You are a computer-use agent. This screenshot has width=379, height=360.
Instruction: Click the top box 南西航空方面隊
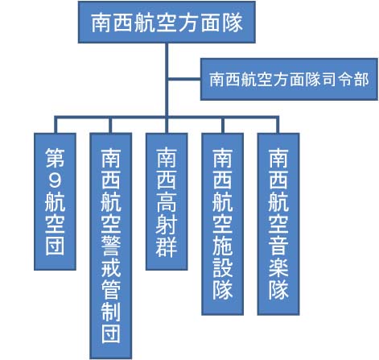click(x=167, y=22)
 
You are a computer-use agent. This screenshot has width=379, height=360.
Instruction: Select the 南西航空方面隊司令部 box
click(x=289, y=79)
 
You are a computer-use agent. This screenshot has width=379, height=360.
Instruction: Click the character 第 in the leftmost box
click(x=55, y=158)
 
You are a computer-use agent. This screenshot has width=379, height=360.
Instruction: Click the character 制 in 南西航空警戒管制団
click(x=111, y=312)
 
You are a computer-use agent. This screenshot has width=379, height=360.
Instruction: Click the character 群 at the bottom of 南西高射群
click(x=167, y=246)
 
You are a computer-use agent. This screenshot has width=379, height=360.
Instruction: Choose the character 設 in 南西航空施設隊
click(x=223, y=267)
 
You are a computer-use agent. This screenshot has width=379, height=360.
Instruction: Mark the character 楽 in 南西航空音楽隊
click(x=278, y=267)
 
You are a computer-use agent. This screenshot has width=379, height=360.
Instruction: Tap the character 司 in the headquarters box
click(x=329, y=80)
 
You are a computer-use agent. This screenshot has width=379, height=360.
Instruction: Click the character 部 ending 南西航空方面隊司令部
click(x=361, y=80)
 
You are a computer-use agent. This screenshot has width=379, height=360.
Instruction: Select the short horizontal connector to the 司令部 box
click(x=184, y=79)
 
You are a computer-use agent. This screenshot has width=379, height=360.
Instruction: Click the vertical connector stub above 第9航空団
click(x=56, y=125)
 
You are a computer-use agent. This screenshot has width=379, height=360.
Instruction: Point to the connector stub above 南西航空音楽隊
click(x=278, y=125)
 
